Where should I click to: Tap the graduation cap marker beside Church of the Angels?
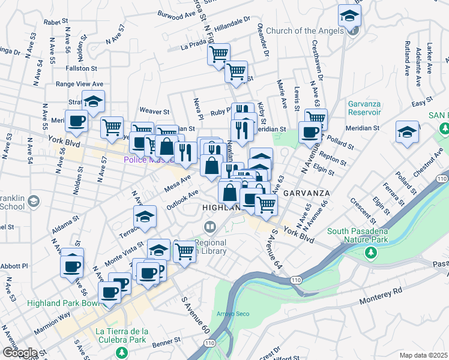point(349,17)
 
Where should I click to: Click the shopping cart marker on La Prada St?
point(219,55)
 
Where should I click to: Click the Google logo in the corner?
point(19,353)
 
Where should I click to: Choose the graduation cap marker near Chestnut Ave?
point(407,133)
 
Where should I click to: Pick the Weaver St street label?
point(155,112)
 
